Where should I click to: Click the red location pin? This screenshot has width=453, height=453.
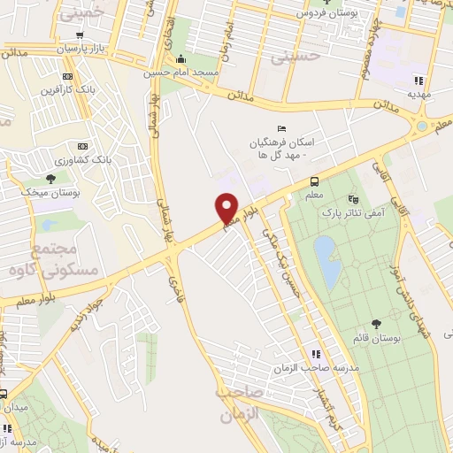pos(227,208)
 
